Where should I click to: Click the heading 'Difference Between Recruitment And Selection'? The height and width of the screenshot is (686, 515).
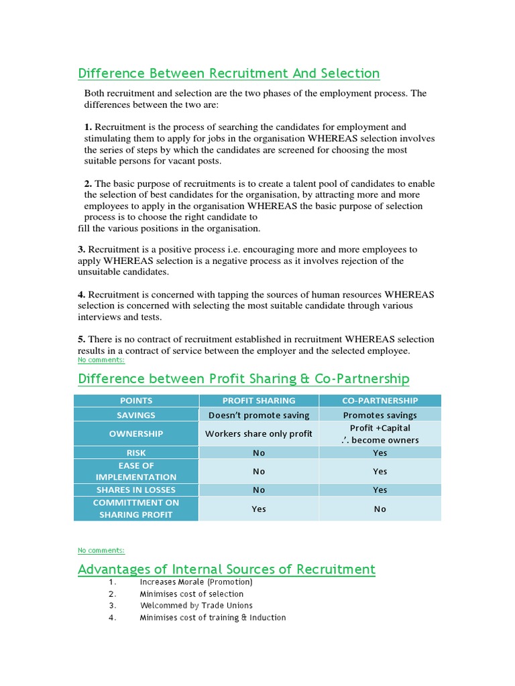(229, 73)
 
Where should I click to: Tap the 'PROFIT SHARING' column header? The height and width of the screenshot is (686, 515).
(259, 401)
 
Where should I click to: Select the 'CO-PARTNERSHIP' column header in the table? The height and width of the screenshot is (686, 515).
(380, 401)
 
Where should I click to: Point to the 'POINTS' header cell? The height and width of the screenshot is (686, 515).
(136, 401)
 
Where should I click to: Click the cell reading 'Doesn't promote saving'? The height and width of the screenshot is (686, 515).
(259, 415)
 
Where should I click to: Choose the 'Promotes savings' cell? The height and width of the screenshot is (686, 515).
(380, 415)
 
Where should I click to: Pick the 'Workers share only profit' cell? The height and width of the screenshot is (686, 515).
(259, 433)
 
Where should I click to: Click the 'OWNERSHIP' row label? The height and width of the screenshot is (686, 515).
(136, 433)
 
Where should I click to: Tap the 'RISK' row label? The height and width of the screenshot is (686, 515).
(136, 453)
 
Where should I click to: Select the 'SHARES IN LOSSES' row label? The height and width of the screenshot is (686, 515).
(136, 490)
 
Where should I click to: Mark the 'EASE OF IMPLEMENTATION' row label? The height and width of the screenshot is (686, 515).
(136, 471)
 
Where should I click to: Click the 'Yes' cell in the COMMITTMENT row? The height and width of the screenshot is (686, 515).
(259, 508)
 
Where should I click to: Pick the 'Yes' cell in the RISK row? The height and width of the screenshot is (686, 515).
(380, 453)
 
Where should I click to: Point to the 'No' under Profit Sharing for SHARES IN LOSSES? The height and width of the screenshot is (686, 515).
(259, 490)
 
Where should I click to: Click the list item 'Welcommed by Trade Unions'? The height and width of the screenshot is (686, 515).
(196, 606)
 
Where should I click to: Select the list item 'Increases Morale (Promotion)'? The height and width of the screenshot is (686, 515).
(196, 581)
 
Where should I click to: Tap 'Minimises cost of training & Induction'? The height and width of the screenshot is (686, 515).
(213, 618)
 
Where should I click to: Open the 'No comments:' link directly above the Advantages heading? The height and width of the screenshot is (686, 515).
(101, 550)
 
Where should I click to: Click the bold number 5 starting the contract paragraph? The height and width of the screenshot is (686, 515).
(81, 340)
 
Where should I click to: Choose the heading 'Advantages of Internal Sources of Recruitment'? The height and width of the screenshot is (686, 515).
(227, 569)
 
